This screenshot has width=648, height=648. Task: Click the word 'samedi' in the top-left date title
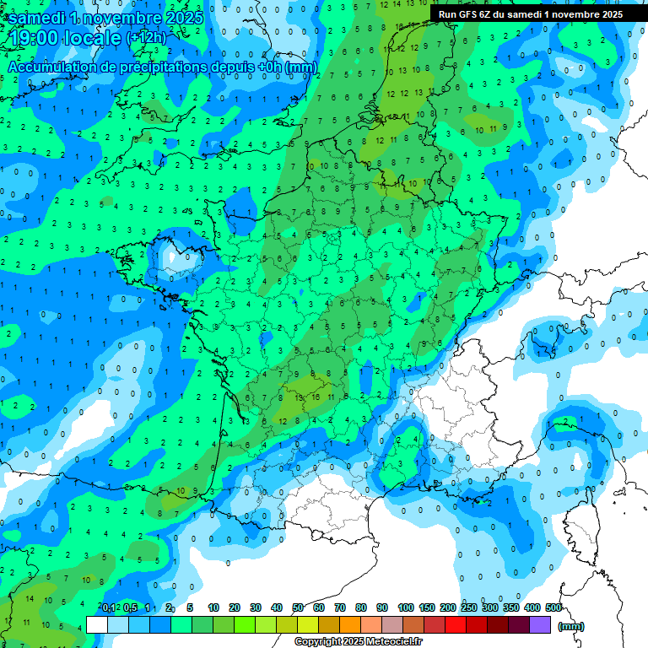point(40,18)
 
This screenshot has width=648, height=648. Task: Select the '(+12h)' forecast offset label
point(146,38)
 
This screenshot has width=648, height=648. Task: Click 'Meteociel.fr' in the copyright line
point(381,642)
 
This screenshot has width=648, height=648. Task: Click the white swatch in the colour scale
point(97,625)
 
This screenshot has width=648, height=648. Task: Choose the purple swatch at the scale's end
point(540,625)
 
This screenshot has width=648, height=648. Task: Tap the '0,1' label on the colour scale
point(109,607)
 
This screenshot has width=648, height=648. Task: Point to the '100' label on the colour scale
point(405,607)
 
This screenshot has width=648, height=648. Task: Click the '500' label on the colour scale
point(553,607)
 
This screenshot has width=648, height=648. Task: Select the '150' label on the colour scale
point(426,607)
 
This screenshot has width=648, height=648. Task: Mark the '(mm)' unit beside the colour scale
point(571,627)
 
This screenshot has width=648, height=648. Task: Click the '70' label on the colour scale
point(340,607)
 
